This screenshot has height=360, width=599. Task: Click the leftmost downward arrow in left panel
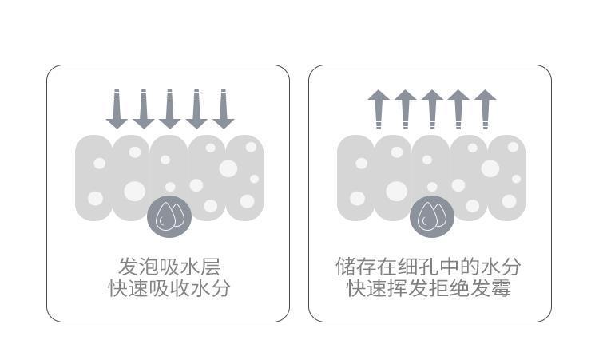point(117,109)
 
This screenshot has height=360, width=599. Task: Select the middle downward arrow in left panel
point(169,109)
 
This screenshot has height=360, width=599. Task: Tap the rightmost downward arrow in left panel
point(223,109)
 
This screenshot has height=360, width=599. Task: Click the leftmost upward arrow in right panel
point(379,109)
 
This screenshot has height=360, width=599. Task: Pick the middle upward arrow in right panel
point(431,109)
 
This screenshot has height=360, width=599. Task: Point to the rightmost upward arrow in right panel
point(485,109)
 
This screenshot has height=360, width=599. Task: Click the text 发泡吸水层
point(169,266)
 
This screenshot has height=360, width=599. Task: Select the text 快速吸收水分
point(169,288)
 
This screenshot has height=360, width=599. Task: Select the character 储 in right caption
point(346,266)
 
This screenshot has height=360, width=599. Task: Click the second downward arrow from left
point(143,109)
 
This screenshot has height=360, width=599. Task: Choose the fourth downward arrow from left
point(196,109)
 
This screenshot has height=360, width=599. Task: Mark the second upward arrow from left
point(405,109)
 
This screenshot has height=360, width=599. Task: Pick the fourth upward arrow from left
point(458,109)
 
